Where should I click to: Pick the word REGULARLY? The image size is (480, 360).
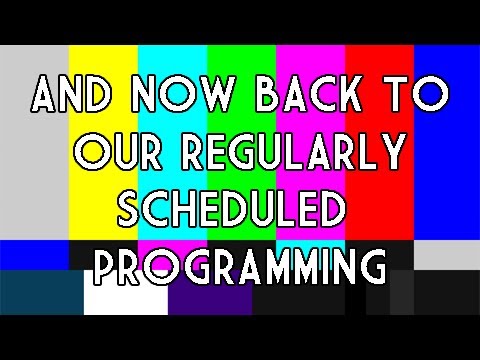tap(290, 153)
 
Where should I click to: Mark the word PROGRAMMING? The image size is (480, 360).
tap(240, 267)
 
